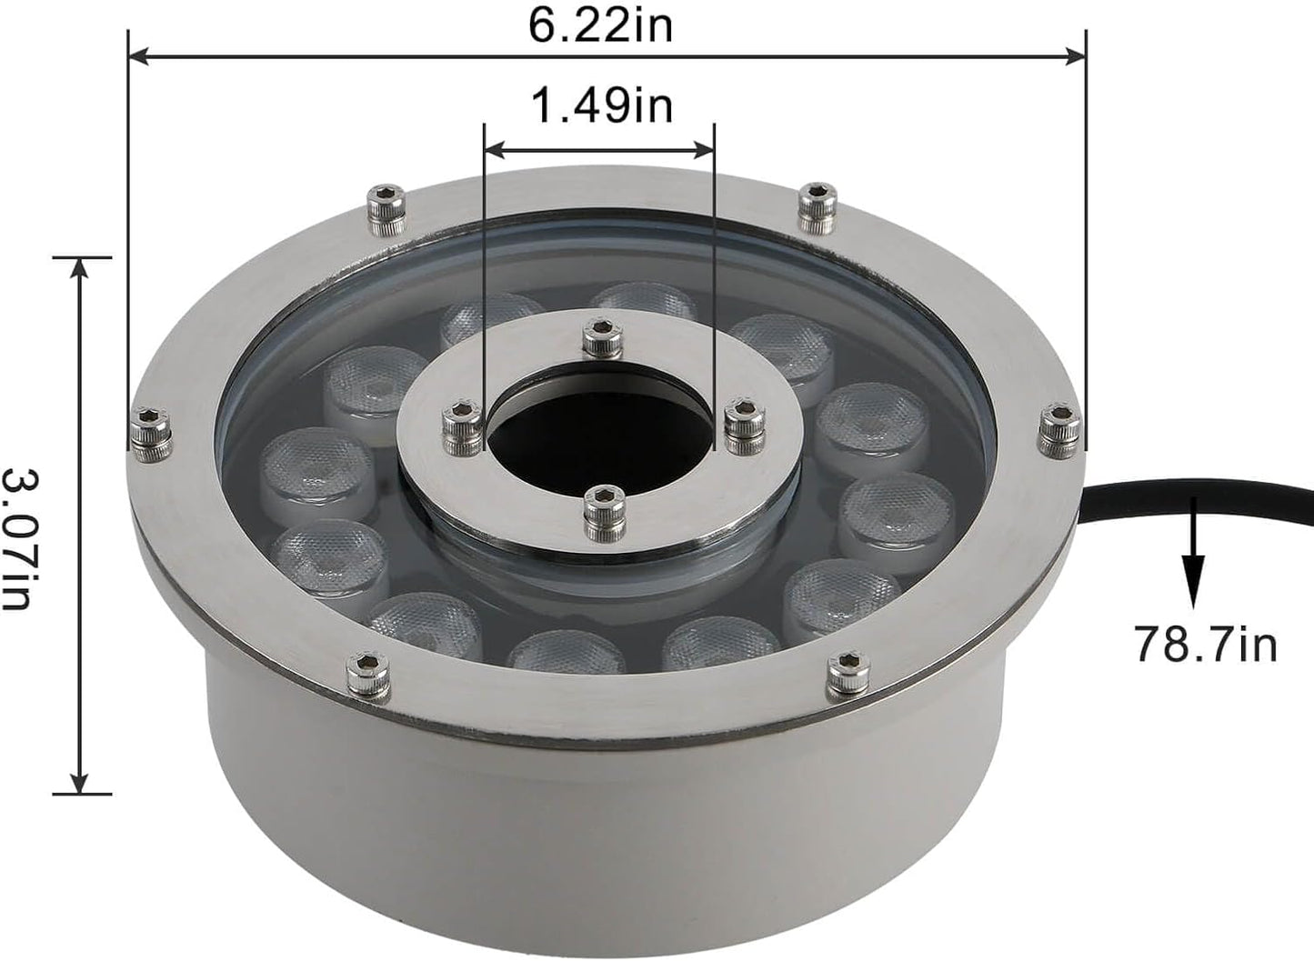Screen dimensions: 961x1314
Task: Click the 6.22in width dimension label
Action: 602,26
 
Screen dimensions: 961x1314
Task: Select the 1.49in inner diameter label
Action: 602,106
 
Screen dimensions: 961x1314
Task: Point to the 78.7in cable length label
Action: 1205,644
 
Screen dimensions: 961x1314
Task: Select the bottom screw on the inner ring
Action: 600,509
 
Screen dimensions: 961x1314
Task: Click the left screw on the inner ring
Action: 462,425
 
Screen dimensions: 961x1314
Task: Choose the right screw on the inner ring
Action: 746,425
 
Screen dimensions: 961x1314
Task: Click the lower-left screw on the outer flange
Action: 369,676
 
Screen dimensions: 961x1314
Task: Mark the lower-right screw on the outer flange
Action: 848,673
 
